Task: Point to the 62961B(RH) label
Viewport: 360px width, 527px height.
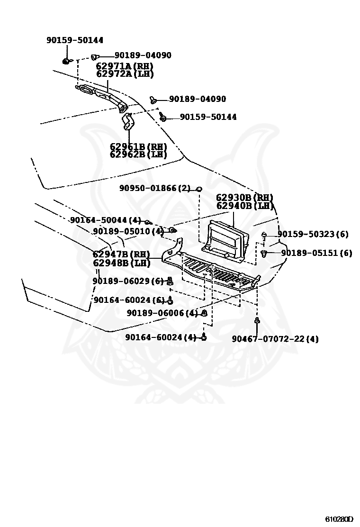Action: [138, 146]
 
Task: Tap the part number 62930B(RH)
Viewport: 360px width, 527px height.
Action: [245, 198]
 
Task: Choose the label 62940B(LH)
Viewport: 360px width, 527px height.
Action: [245, 206]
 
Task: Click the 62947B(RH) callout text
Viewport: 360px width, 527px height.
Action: [121, 254]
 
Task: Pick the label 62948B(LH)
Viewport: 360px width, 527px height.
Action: [121, 263]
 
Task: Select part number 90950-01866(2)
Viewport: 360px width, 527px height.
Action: [154, 189]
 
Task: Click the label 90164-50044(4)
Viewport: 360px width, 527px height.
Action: [106, 220]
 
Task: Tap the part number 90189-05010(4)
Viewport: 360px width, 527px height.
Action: [128, 231]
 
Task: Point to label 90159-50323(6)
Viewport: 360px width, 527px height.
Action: [313, 234]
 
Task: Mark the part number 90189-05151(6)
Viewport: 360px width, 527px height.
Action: [316, 253]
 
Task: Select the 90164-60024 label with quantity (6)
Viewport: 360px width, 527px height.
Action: [129, 300]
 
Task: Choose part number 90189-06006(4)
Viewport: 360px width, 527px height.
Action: [162, 313]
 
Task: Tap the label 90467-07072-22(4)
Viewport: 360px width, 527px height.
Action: [275, 339]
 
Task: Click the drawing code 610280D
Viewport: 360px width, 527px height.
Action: [339, 518]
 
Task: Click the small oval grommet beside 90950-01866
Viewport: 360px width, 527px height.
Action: [199, 189]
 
